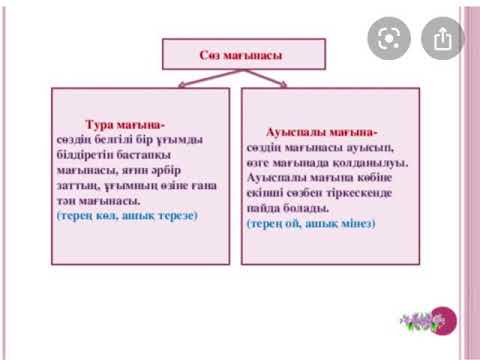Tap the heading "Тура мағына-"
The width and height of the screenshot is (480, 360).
pyautogui.click(x=125, y=124)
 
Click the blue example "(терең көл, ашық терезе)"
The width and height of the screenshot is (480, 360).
pyautogui.click(x=127, y=215)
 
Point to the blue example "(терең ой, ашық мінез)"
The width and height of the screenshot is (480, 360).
pyautogui.click(x=310, y=225)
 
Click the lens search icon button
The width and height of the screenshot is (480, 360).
pyautogui.click(x=388, y=39)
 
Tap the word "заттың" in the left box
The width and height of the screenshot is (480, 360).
pyautogui.click(x=76, y=185)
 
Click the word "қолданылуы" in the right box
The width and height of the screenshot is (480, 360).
pyautogui.click(x=376, y=162)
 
